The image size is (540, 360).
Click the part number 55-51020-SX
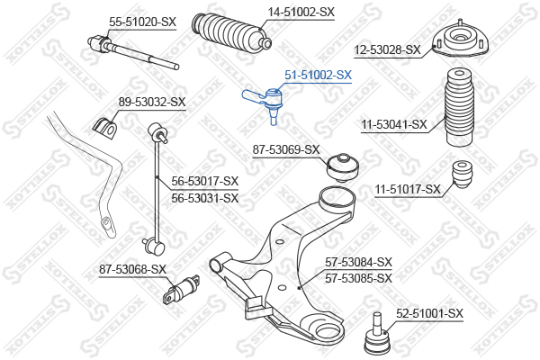(x=142, y=22)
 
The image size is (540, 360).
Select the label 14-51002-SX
(x=301, y=13)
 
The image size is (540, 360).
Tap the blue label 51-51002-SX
(x=319, y=75)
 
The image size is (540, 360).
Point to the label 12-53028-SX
(x=387, y=50)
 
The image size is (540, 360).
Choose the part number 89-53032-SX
(x=152, y=102)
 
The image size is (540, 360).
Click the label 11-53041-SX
(x=394, y=124)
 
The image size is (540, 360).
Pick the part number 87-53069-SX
(x=286, y=150)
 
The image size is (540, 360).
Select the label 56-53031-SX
(x=205, y=198)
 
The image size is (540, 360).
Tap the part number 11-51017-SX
(x=408, y=189)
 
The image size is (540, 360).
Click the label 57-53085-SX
(x=359, y=278)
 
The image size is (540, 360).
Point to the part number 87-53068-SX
(x=132, y=269)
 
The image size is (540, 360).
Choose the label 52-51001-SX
(x=430, y=314)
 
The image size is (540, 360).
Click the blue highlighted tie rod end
(x=264, y=102)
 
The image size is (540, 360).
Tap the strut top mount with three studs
(x=460, y=40)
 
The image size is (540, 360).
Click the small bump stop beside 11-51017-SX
(x=462, y=174)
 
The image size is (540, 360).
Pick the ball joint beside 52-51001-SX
(x=378, y=334)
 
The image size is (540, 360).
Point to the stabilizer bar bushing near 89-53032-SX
(x=104, y=128)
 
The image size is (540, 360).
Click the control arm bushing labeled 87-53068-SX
(x=182, y=289)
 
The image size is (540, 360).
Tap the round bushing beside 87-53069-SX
(x=343, y=167)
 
